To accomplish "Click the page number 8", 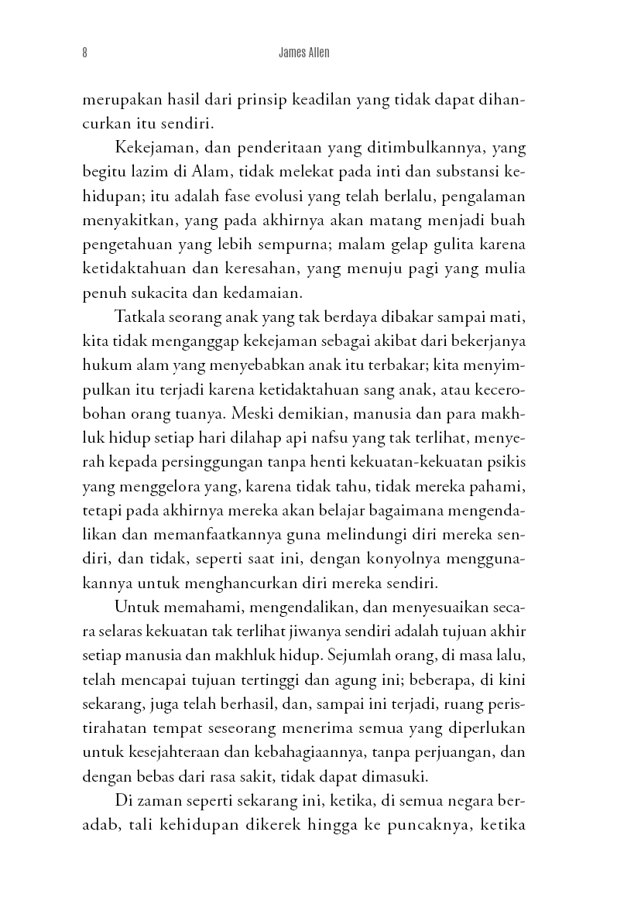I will (84, 53).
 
